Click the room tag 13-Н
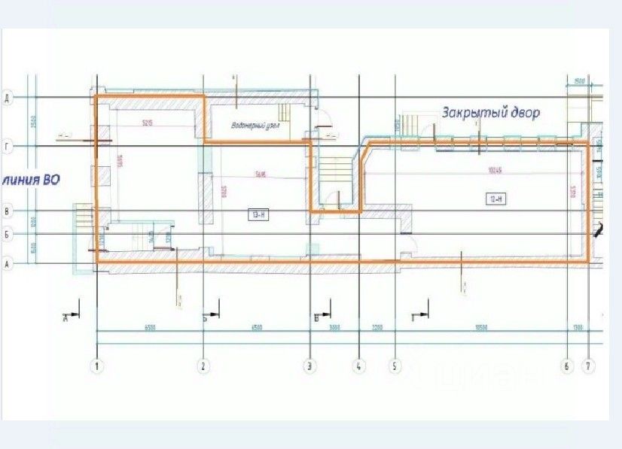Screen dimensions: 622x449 coord(258,214)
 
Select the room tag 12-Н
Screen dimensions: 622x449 coord(495,198)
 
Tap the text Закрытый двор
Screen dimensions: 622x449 coord(490,112)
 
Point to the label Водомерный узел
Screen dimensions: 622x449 coord(255,125)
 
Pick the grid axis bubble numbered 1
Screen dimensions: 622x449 coord(97,367)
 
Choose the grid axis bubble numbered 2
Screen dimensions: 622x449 coord(203,367)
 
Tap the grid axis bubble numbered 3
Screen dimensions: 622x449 coord(309,367)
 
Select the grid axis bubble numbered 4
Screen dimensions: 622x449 coord(359,367)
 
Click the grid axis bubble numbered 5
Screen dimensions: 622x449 coord(394,367)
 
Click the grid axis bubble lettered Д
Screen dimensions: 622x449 coord(7,98)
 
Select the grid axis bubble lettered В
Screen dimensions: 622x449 coord(7,211)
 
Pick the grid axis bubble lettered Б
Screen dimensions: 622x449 coord(7,235)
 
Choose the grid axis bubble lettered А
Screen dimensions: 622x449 coord(7,264)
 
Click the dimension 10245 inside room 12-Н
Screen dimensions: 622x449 coord(495,170)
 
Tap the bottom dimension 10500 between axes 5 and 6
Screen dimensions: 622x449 coord(479,327)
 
